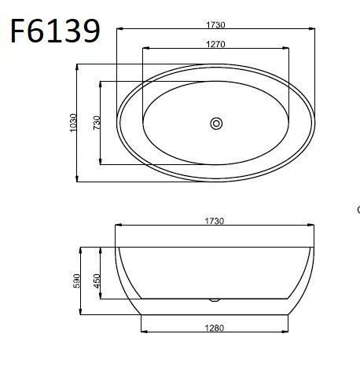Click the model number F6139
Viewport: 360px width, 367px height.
55,31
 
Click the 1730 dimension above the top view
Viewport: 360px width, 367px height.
215,24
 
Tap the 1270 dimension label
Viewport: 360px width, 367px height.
215,44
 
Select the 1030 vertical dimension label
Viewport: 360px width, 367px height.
74,123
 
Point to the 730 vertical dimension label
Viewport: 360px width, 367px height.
97,123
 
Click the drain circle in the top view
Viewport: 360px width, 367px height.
216,123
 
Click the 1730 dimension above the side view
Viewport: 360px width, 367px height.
215,221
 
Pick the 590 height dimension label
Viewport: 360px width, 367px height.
76,281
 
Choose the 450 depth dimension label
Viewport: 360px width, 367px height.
97,281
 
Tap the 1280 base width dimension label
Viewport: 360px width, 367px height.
215,328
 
